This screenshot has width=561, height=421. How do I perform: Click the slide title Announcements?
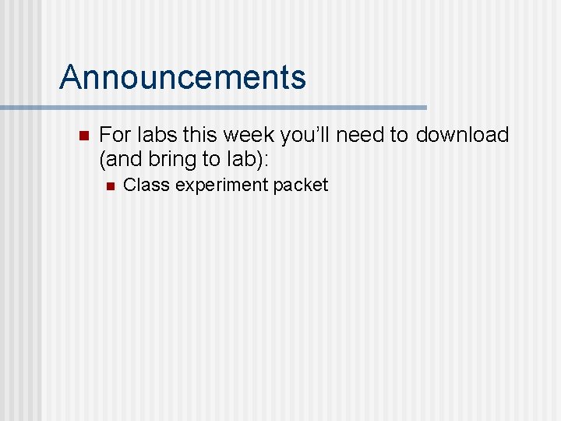tap(182, 77)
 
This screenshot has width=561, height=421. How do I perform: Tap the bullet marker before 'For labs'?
tap(85, 135)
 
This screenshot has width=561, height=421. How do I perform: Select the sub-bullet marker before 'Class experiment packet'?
tap(110, 186)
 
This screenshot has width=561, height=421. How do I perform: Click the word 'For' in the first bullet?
tap(115, 135)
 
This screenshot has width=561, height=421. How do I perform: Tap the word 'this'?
tap(199, 135)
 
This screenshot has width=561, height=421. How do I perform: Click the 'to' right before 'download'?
tap(399, 135)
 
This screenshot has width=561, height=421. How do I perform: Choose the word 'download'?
tap(462, 135)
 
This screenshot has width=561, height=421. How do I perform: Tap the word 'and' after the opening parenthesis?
tap(123, 160)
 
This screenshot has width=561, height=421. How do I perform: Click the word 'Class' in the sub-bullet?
tap(146, 186)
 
